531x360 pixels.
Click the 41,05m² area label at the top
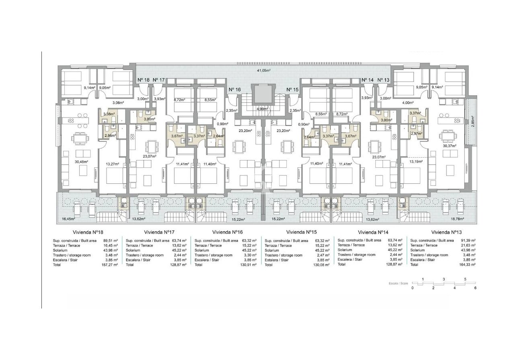264,71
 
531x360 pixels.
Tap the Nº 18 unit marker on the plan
144,80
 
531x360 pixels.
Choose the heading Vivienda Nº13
446,232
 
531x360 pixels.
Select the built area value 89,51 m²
110,241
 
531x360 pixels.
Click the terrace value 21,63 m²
468,245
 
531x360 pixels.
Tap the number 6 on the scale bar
475,288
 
